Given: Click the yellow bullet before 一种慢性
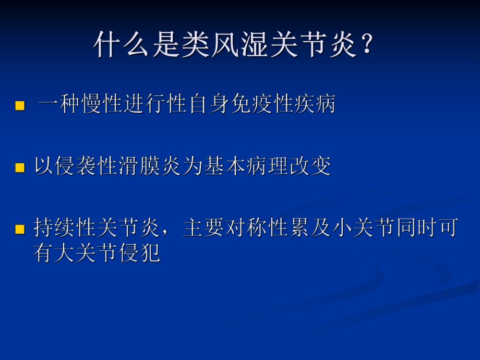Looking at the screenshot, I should (x=20, y=106).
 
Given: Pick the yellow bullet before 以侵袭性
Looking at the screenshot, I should (x=20, y=168).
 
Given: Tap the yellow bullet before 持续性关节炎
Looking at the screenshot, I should (x=20, y=229).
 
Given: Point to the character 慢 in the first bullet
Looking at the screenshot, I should (x=92, y=105).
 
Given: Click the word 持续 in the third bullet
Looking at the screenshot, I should (x=55, y=228).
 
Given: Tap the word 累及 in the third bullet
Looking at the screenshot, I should (x=310, y=228).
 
